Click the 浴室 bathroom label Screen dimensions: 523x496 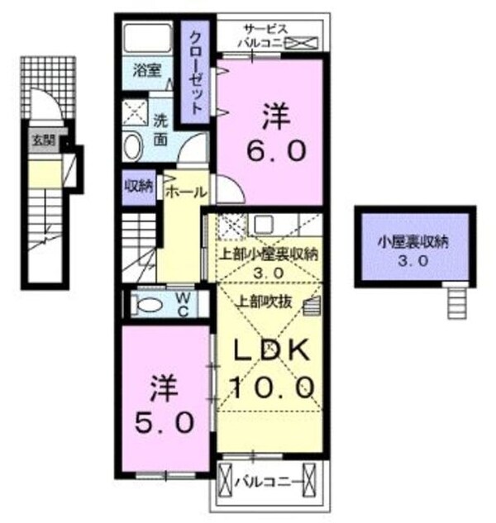pyautogui.click(x=149, y=72)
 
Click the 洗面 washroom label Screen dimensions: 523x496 pyautogui.click(x=160, y=125)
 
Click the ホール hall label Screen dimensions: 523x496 pyautogui.click(x=185, y=192)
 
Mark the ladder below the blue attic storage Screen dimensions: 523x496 pyautogui.click(x=456, y=301)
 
